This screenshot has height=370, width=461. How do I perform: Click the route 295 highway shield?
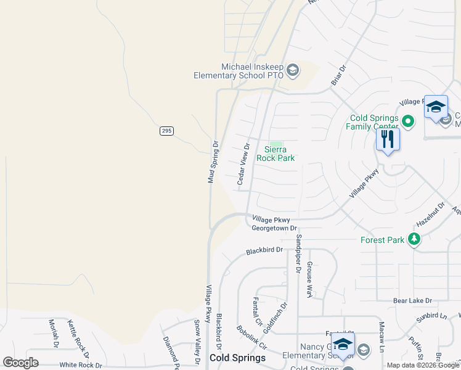pyautogui.click(x=166, y=130)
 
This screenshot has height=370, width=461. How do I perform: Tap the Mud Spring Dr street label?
pyautogui.click(x=213, y=162)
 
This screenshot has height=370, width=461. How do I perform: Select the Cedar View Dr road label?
pyautogui.click(x=243, y=165)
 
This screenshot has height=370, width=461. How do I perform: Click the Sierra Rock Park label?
pyautogui.click(x=279, y=154)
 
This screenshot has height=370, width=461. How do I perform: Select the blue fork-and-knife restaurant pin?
pyautogui.click(x=388, y=139)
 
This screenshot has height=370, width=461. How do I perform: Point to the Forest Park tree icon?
pyautogui.click(x=415, y=239)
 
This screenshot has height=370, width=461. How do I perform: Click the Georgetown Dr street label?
pyautogui.click(x=274, y=228)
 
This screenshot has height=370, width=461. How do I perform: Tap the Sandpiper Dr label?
pyautogui.click(x=298, y=253)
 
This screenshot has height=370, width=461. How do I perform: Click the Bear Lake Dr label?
pyautogui.click(x=412, y=300)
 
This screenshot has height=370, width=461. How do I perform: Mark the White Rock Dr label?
pyautogui.click(x=81, y=364)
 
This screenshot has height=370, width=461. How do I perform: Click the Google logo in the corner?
pyautogui.click(x=20, y=363)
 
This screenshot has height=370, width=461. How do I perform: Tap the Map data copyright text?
pyautogui.click(x=423, y=365)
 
